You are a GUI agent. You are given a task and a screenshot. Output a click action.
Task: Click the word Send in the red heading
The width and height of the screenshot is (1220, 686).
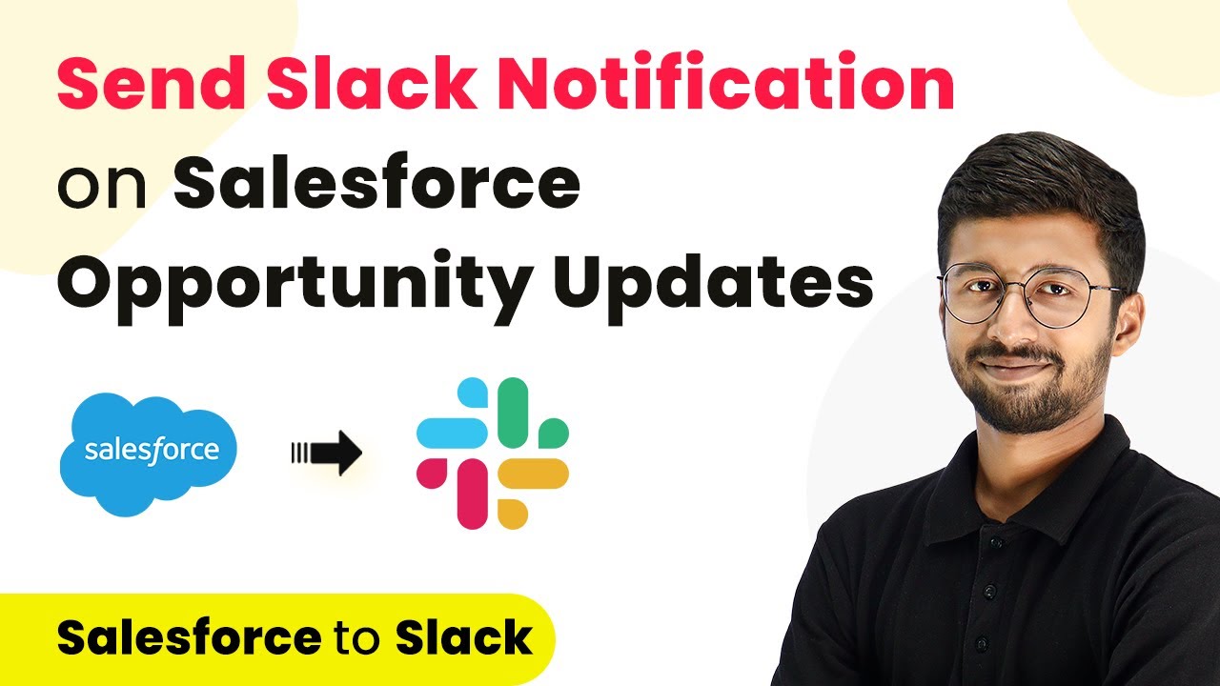coord(152,82)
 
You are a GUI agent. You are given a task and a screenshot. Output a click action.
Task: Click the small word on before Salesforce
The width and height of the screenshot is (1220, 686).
coord(102,187)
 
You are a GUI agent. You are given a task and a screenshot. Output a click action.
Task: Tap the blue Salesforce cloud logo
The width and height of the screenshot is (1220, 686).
coord(148,454)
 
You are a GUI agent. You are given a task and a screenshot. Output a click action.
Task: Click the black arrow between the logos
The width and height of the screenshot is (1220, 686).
coord(327,453)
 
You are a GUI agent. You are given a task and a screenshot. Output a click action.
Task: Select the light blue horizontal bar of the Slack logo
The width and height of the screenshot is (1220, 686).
coord(452,433)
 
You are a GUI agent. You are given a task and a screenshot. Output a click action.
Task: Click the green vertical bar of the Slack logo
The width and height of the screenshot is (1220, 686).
coord(513,413)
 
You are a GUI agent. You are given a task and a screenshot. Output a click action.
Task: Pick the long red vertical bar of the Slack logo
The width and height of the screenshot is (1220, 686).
coord(472,494)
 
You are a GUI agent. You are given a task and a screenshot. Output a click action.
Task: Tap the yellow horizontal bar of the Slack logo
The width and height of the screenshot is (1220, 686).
coord(533,474)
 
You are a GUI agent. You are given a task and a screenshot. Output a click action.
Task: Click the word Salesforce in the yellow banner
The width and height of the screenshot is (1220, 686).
coord(189,637)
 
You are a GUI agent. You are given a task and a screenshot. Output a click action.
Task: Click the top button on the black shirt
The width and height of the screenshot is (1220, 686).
coord(996,542)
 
